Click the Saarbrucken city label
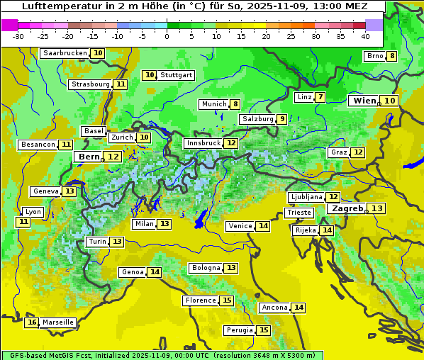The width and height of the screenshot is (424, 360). [x=65, y=53]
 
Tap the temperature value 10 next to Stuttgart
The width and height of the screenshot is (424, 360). [x=149, y=75]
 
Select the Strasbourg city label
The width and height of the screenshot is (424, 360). [x=91, y=84]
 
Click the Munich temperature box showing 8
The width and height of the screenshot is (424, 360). [x=235, y=104]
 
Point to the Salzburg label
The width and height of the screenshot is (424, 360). [x=257, y=119]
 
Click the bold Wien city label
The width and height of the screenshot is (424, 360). [x=365, y=101]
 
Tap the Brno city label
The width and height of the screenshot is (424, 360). [x=374, y=57]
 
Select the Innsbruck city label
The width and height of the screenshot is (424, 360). [x=203, y=143]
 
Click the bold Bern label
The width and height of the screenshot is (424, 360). [x=89, y=157]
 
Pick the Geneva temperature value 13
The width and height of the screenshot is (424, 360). [x=69, y=191]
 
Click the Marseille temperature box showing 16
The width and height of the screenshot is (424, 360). [x=31, y=322]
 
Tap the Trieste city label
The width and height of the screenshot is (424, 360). [x=299, y=213]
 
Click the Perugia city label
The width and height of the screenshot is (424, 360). [x=239, y=330]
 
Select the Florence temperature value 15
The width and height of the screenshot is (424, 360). [x=227, y=300]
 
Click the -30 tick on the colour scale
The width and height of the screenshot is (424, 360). [x=18, y=36]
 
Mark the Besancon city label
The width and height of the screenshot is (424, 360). [x=38, y=145]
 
